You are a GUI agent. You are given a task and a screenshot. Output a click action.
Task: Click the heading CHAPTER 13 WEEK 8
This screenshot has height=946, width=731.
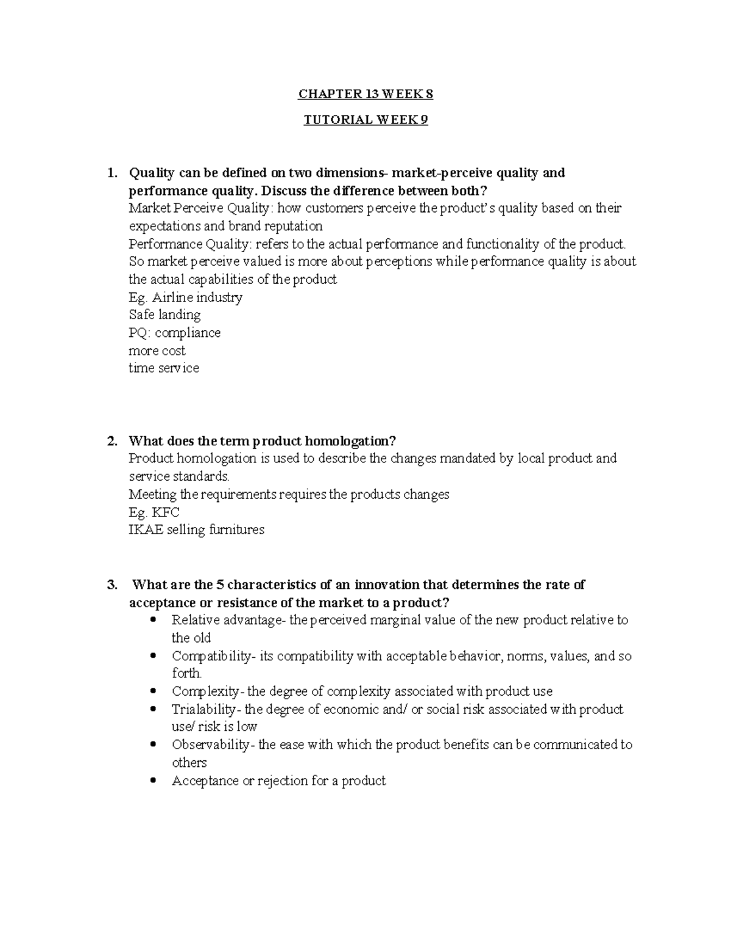tap(365, 94)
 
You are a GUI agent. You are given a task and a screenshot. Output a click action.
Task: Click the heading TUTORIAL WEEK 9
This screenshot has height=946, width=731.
tap(365, 120)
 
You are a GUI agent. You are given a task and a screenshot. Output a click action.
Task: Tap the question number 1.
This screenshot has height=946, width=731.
tap(110, 173)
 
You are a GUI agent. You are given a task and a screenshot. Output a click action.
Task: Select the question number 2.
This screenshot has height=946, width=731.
tap(110, 441)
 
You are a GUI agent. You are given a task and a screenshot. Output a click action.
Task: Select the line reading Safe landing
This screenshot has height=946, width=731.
tap(164, 315)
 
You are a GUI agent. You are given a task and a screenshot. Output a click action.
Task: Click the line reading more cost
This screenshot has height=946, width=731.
tap(157, 351)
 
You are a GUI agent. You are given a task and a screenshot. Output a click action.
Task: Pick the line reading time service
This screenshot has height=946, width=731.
tap(163, 368)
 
